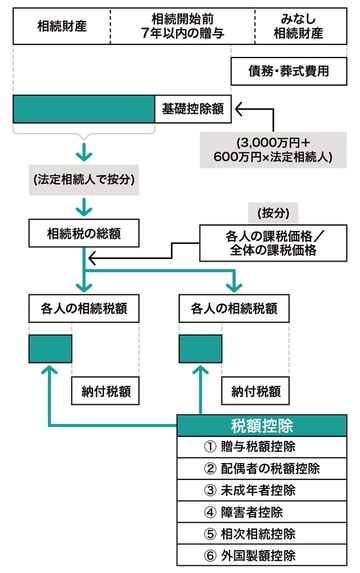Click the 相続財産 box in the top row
60,24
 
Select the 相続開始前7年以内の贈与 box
181,24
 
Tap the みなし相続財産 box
300,24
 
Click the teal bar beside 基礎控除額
83,106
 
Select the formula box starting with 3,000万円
271,148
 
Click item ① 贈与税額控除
262,446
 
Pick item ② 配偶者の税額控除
262,468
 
